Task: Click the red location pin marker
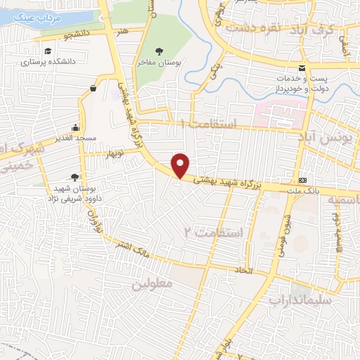pos(181,165)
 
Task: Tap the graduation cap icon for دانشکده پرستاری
pos(47,51)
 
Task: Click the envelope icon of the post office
pos(302,68)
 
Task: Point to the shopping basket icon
pos(94,88)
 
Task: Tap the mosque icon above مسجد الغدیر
pos(75,128)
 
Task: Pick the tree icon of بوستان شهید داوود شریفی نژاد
pos(75,177)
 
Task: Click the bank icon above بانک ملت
pos(303,180)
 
